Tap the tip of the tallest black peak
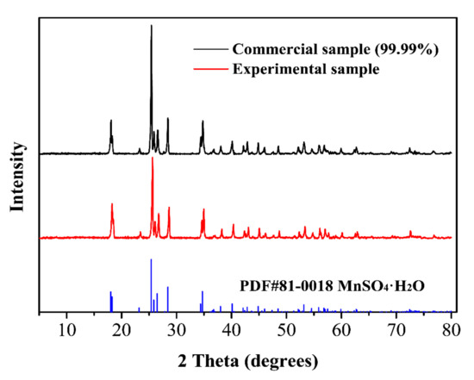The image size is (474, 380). tap(152, 25)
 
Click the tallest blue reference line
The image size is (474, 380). tap(152, 259)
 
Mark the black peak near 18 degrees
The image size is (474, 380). tap(111, 121)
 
